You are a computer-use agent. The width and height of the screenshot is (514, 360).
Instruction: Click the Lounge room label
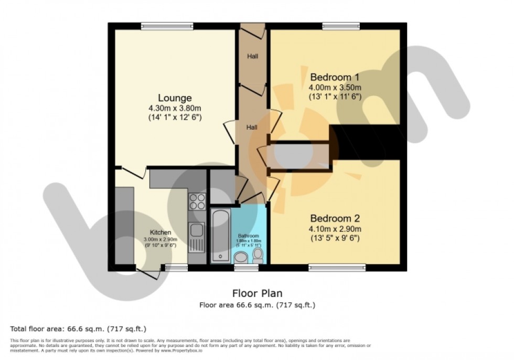(x=175, y=98)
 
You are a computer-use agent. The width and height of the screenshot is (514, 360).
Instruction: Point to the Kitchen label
(x=160, y=232)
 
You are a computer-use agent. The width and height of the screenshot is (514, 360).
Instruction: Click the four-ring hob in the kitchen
(x=198, y=202)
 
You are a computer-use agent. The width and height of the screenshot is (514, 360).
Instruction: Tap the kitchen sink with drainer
(x=197, y=236)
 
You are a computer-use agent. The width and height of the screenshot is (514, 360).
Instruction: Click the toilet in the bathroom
(x=258, y=256)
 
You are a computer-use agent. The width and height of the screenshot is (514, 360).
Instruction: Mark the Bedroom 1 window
(x=341, y=25)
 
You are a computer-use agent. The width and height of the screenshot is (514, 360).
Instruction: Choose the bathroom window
(x=246, y=268)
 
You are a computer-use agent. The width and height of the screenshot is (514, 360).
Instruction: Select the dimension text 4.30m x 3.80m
(x=175, y=109)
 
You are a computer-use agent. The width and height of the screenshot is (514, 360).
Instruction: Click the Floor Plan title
(x=257, y=294)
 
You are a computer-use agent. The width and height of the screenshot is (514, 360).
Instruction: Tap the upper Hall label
(x=252, y=56)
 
